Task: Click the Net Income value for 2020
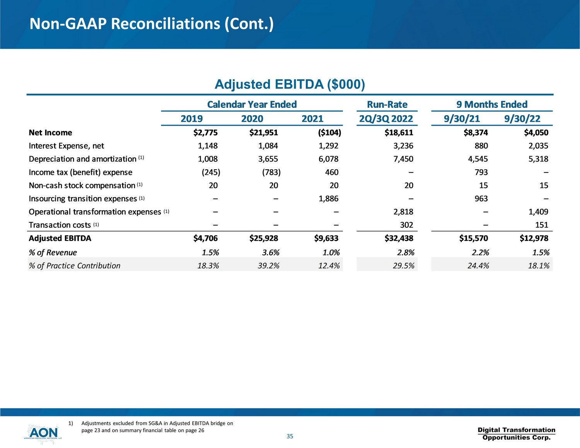click(263, 133)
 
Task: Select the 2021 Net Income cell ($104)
click(329, 133)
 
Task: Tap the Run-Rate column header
click(387, 104)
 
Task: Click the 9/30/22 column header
click(522, 119)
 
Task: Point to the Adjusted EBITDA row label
click(60, 238)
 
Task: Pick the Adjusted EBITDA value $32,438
click(399, 238)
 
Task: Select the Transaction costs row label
click(60, 225)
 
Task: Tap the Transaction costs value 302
click(406, 225)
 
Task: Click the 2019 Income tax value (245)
click(211, 172)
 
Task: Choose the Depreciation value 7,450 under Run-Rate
click(403, 159)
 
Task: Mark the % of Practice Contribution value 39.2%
click(268, 266)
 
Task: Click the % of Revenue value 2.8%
click(406, 252)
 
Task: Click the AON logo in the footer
click(43, 433)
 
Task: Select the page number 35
click(290, 436)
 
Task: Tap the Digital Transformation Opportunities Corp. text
click(516, 434)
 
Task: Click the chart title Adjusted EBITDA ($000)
click(290, 84)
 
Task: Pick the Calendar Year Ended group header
click(252, 104)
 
